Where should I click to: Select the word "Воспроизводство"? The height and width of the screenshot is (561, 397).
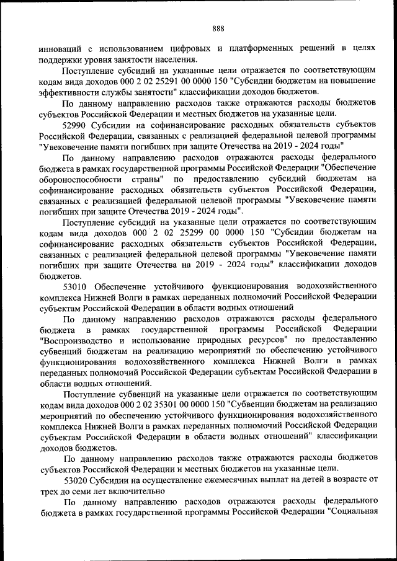[76, 340]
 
